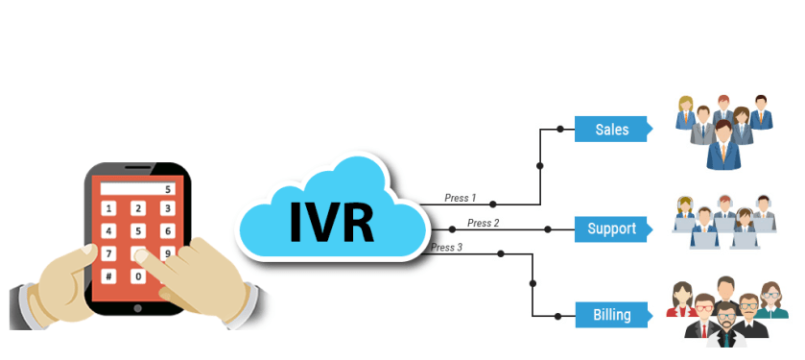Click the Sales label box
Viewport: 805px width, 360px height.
tap(612, 129)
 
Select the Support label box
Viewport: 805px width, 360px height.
tap(612, 229)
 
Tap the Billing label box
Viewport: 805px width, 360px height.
tap(612, 314)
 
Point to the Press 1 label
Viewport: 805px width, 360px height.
tap(460, 198)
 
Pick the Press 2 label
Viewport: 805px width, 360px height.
tap(483, 223)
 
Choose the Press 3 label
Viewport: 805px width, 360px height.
tap(446, 247)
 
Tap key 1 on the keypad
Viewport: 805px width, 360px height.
tap(108, 208)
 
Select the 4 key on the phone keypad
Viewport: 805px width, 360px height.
tap(108, 231)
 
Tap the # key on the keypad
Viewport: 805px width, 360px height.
tap(108, 276)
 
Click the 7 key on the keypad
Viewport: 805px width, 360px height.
tap(108, 254)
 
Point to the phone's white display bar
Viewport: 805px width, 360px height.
tap(138, 189)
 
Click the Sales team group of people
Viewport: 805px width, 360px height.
tap(722, 127)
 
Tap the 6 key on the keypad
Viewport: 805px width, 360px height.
tap(168, 231)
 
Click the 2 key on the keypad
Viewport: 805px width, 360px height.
tap(138, 208)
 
